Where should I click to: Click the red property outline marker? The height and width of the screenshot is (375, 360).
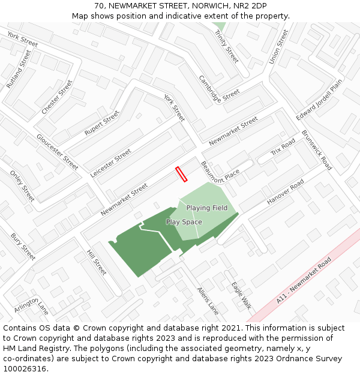[x=181, y=174]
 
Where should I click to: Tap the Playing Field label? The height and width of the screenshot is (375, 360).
[x=206, y=208]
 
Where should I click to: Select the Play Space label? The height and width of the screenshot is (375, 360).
[x=184, y=222]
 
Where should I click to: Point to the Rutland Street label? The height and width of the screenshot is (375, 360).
[x=18, y=69]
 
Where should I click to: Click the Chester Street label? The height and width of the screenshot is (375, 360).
[x=57, y=97]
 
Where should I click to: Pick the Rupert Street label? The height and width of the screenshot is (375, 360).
[x=102, y=122]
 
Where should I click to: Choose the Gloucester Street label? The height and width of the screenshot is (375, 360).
[x=58, y=152]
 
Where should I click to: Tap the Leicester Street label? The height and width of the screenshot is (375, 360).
[x=111, y=163]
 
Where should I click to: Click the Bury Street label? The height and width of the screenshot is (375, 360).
[x=23, y=247]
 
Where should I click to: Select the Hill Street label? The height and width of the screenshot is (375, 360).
[x=97, y=262]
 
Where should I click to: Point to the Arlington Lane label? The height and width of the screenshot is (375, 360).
[x=31, y=305]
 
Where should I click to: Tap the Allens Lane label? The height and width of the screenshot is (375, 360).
[x=208, y=301]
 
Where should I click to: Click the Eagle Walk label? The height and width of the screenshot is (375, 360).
[x=241, y=295]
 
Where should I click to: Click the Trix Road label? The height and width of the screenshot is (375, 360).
[x=283, y=148]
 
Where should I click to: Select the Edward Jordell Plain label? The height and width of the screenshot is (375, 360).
[x=319, y=99]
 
